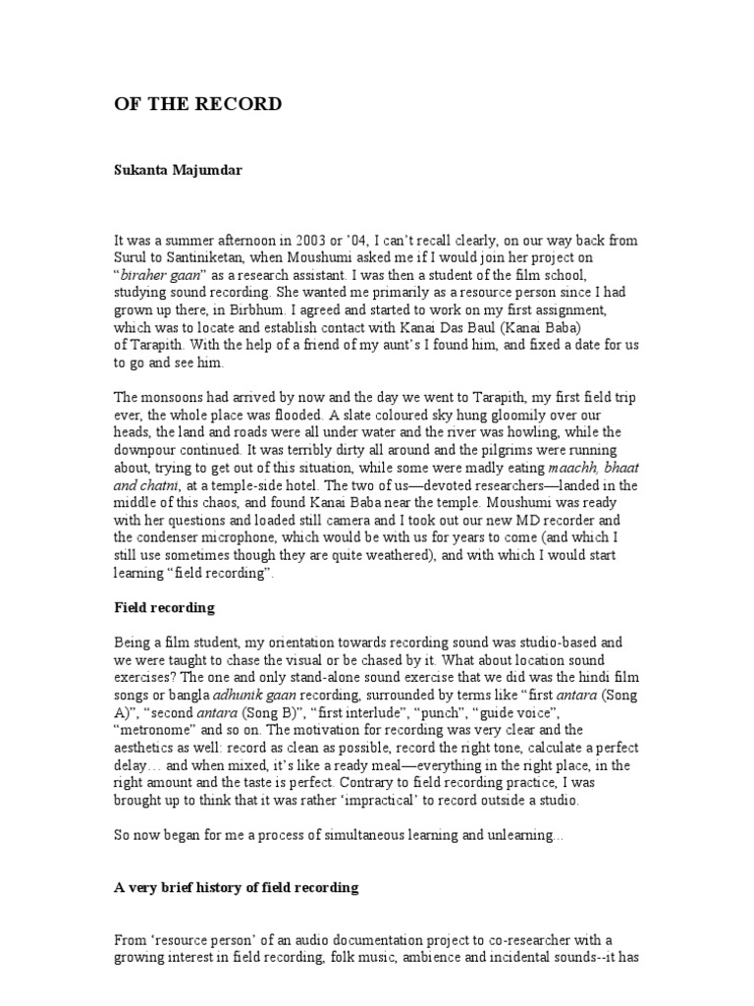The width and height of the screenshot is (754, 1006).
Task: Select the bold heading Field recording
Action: point(164,608)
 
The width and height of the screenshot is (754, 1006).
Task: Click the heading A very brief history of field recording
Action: point(237,887)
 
